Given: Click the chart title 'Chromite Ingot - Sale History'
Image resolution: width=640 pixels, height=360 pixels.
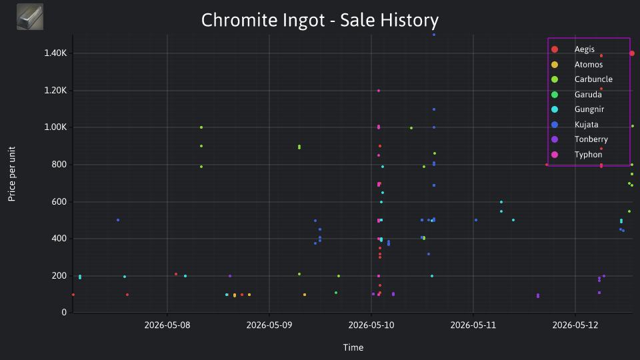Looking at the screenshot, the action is click(320, 20).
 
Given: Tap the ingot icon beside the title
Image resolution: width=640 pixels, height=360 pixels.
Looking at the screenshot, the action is click(30, 17).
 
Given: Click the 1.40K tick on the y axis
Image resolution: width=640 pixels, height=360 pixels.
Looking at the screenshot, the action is click(55, 53).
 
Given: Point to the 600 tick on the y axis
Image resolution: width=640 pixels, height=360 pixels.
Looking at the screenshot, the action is click(59, 201).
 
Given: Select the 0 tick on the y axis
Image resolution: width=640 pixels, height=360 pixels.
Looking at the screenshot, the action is click(64, 312).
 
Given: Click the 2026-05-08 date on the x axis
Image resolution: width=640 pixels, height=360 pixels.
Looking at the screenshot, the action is click(167, 325).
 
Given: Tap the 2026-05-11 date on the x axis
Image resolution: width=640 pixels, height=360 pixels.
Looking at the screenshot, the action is click(473, 325).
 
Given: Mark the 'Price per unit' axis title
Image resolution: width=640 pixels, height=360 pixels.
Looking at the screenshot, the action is click(12, 174).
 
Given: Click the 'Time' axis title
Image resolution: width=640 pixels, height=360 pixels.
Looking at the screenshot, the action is click(353, 347).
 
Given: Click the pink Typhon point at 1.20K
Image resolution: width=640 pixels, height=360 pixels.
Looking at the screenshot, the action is click(379, 91).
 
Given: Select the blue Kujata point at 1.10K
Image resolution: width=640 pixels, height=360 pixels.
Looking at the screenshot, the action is click(434, 109).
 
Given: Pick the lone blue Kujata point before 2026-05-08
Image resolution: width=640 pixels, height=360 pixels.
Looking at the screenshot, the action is click(118, 220).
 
